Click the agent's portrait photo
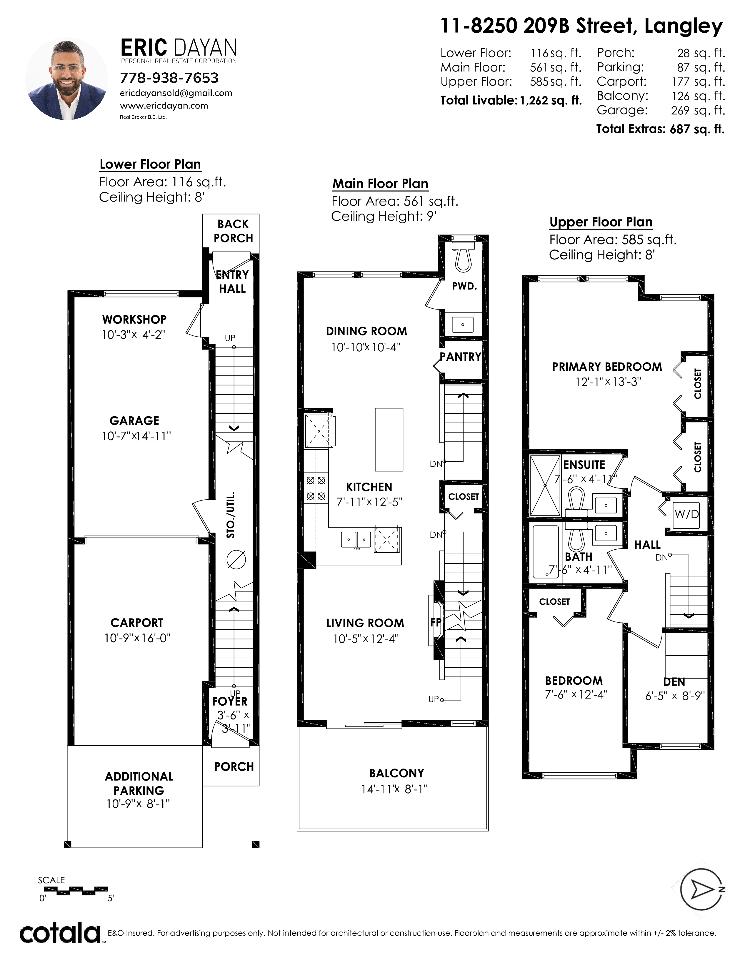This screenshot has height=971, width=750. point(66,79)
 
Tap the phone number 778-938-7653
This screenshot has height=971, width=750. point(169,78)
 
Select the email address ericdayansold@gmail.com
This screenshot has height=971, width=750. point(176,93)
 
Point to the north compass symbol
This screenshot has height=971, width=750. point(702,889)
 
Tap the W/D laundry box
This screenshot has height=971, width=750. point(686,514)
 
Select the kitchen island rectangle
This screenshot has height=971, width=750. point(389,439)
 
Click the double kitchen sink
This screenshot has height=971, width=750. point(356,540)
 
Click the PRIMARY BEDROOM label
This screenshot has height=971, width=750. point(607,367)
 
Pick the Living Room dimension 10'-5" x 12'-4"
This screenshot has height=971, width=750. point(366,639)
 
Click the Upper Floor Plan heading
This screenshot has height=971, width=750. point(601,222)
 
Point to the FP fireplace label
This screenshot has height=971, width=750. point(435,622)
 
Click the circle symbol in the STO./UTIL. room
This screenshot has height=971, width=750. point(236,559)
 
